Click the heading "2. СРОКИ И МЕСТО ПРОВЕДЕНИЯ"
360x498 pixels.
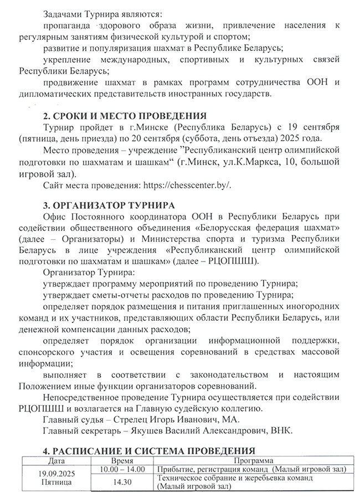click(125, 116)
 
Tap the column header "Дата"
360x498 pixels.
click(56, 460)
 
